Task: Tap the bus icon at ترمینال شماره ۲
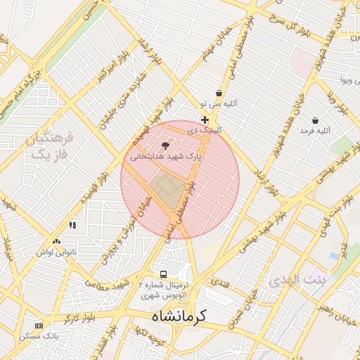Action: [x=164, y=274]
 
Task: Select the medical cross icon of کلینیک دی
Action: [x=205, y=120]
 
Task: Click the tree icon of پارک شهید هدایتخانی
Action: [x=165, y=146]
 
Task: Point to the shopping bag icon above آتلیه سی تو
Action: [x=219, y=93]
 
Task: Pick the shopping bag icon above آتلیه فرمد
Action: [x=314, y=120]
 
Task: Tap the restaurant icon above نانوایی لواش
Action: [x=72, y=225]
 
